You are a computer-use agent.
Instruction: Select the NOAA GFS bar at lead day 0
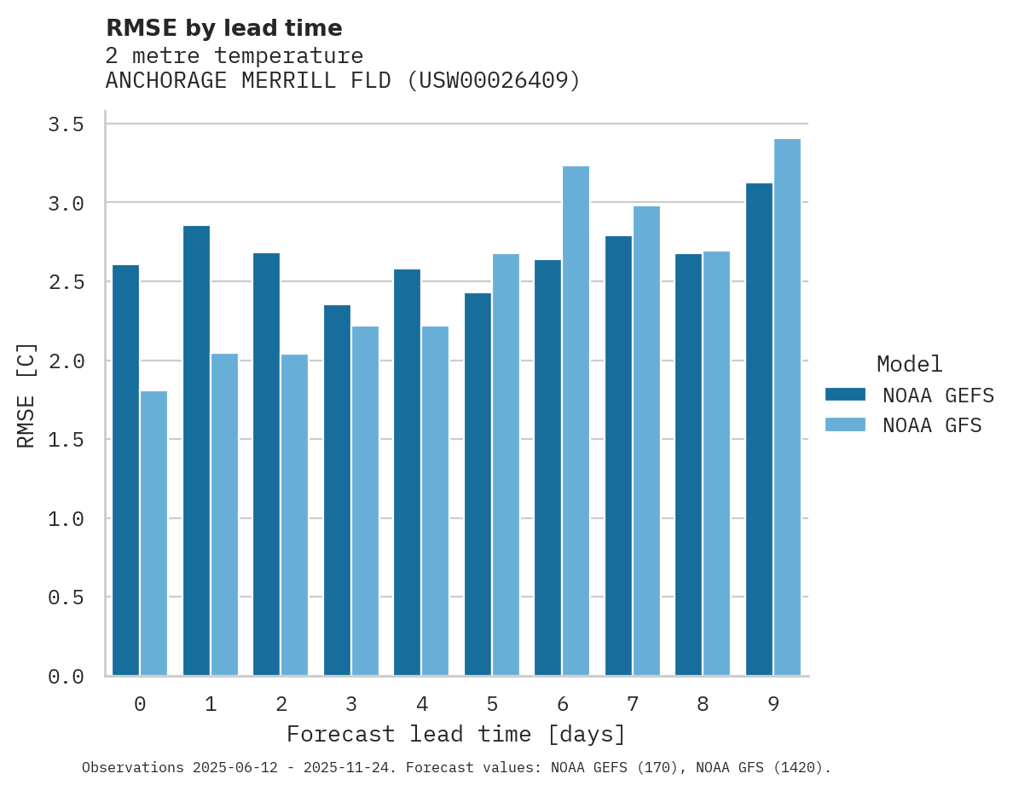(x=153, y=534)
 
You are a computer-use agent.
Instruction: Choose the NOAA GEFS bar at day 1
(x=196, y=451)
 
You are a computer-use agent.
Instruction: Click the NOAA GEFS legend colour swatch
(x=845, y=395)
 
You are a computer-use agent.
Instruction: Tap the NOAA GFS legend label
(x=932, y=425)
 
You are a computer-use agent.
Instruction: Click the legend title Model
(x=909, y=365)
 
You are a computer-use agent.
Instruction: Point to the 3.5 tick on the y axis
(x=66, y=125)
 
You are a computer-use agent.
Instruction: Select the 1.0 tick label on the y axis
(x=66, y=518)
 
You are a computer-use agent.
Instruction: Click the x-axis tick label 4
(x=422, y=704)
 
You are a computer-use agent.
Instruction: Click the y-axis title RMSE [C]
(x=26, y=395)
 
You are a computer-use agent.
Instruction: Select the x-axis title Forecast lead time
(x=456, y=734)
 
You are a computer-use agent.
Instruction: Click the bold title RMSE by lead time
(x=223, y=28)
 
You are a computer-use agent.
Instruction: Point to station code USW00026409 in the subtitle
(x=494, y=81)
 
